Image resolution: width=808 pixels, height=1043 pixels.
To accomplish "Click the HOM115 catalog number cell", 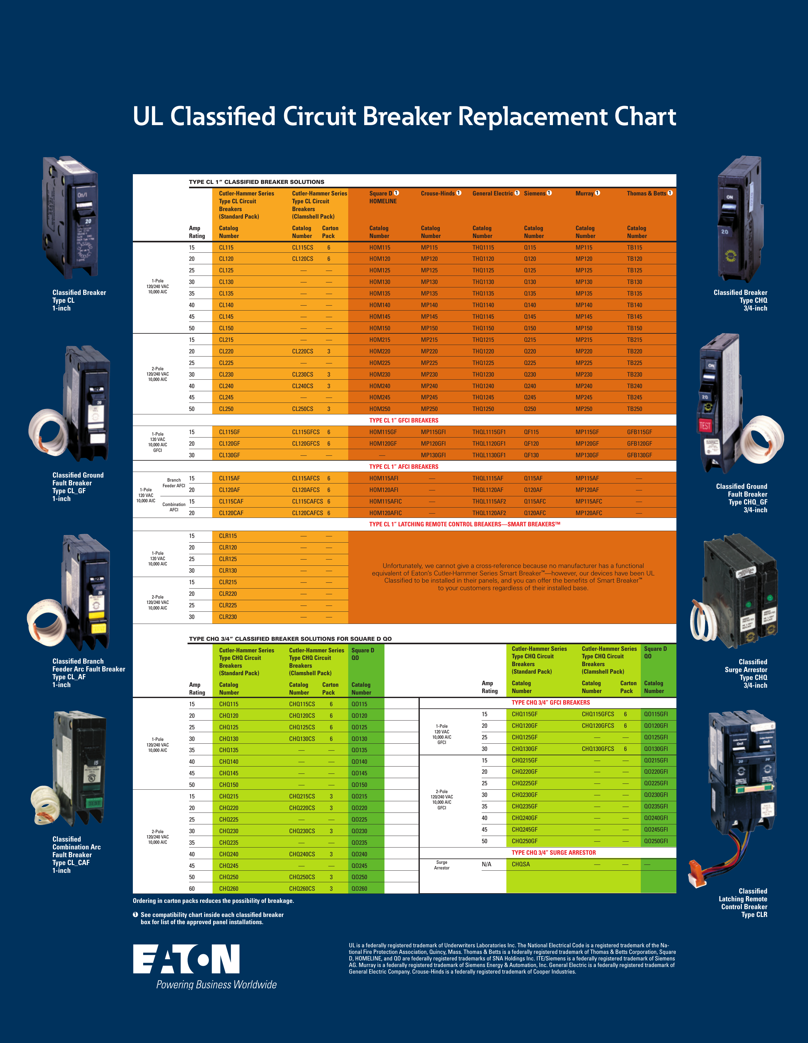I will [x=379, y=247].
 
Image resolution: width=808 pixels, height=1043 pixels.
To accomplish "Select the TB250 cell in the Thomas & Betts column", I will [x=634, y=409].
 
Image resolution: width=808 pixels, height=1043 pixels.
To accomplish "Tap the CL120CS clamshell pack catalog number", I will [x=303, y=259].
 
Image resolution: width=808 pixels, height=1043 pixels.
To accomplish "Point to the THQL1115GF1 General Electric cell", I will [x=489, y=432].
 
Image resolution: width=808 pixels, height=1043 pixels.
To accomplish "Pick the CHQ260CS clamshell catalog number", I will [x=302, y=889].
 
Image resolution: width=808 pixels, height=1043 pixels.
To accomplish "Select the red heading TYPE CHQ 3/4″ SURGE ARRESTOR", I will [x=554, y=853].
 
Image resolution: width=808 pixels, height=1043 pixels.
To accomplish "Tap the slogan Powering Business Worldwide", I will [x=216, y=985].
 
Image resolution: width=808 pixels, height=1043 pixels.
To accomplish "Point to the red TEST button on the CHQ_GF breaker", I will [x=705, y=425].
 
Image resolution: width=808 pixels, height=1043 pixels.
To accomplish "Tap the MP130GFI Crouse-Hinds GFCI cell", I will [x=433, y=455].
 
